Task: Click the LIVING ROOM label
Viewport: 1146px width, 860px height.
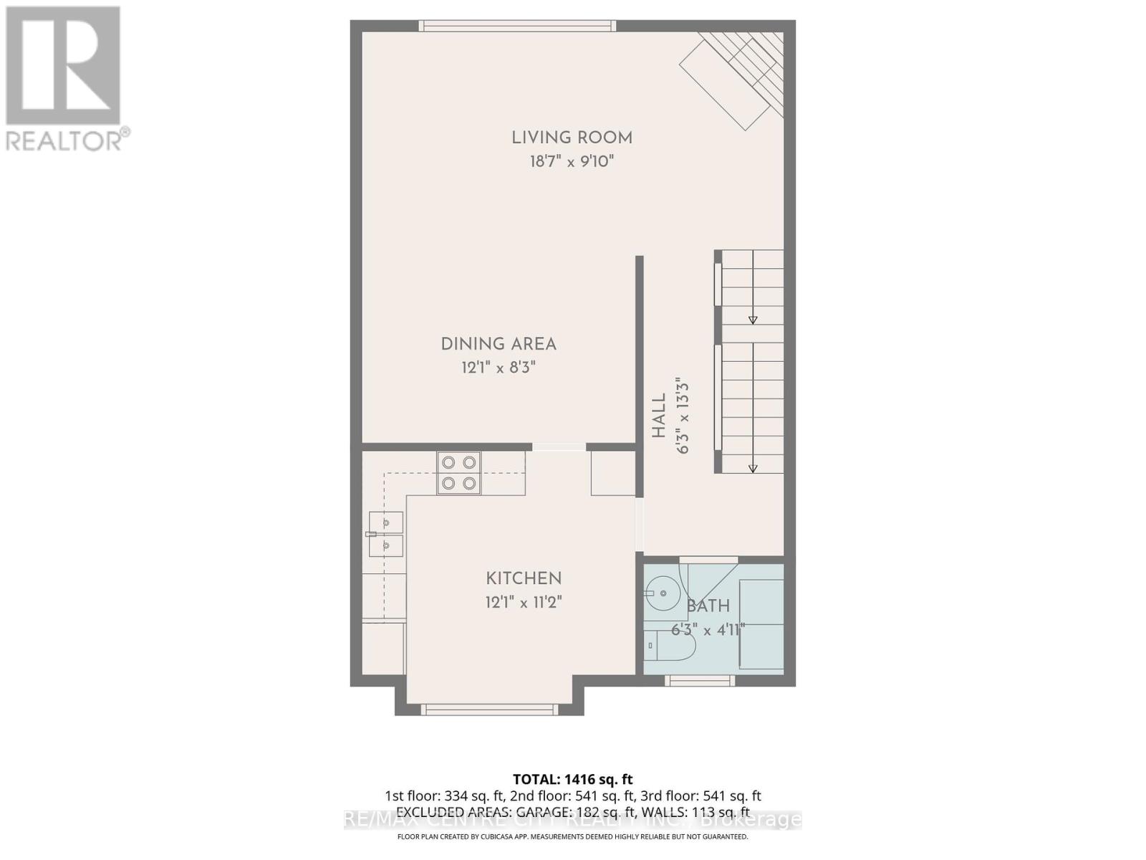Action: tap(572, 138)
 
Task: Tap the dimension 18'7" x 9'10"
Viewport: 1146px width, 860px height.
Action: tap(572, 161)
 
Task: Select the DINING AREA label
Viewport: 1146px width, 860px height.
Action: tap(499, 344)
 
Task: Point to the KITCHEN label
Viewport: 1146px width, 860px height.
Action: tap(524, 578)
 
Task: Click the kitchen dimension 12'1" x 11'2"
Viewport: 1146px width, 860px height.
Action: tap(524, 602)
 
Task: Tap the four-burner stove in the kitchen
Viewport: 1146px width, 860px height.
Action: tap(458, 473)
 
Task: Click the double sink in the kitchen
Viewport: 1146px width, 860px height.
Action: tap(385, 535)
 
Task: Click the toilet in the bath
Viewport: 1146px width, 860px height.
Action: tap(670, 646)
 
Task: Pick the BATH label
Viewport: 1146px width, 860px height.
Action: tap(708, 606)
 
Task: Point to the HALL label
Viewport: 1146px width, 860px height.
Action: tap(659, 416)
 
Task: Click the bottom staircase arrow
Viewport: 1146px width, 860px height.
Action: tap(753, 468)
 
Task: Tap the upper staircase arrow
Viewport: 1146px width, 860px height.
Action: tap(753, 320)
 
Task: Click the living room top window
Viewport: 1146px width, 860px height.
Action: tap(517, 26)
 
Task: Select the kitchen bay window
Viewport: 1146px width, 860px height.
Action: tap(489, 709)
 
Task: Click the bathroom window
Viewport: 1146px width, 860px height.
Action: tap(700, 681)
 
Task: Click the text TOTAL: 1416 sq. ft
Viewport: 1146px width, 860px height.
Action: tap(573, 779)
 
